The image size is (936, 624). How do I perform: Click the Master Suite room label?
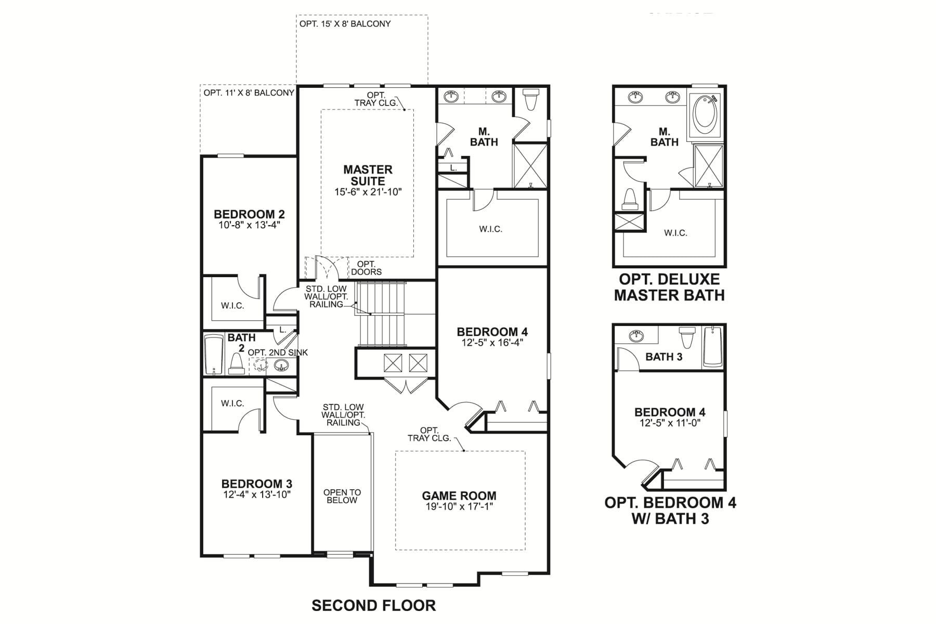click(x=368, y=175)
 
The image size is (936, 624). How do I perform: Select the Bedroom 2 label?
click(x=249, y=214)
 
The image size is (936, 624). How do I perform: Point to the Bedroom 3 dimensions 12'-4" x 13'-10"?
click(x=257, y=495)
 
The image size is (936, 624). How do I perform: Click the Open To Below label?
click(x=342, y=496)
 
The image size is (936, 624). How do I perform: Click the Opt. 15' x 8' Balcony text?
click(x=345, y=24)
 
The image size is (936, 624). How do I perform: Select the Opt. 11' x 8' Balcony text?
click(x=249, y=93)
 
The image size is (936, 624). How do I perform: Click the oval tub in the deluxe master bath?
click(x=705, y=112)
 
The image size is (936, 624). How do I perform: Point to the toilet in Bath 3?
click(x=688, y=338)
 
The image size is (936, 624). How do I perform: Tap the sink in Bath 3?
click(x=636, y=336)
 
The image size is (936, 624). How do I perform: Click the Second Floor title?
click(x=373, y=605)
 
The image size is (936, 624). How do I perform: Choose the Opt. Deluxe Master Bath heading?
click(x=669, y=287)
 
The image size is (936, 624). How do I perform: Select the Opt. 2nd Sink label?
click(x=278, y=353)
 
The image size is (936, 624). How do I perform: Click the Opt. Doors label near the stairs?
click(x=366, y=268)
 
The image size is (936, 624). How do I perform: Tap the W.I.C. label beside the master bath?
click(x=490, y=229)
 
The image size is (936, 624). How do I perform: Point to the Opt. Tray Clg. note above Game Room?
click(x=429, y=434)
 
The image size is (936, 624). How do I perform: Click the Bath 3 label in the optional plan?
click(x=664, y=357)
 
